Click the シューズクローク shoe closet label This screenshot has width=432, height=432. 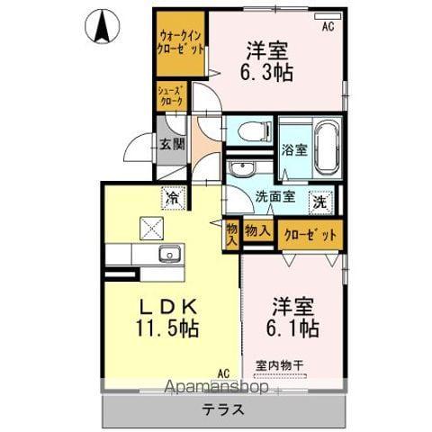pyautogui.click(x=171, y=96)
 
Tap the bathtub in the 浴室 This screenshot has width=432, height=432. pyautogui.click(x=323, y=144)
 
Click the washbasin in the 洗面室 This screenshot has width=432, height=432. pyautogui.click(x=239, y=171)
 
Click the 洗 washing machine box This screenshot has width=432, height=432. pyautogui.click(x=319, y=203)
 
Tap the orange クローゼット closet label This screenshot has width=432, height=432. pyautogui.click(x=310, y=235)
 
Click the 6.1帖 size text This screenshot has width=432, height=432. pyautogui.click(x=289, y=328)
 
